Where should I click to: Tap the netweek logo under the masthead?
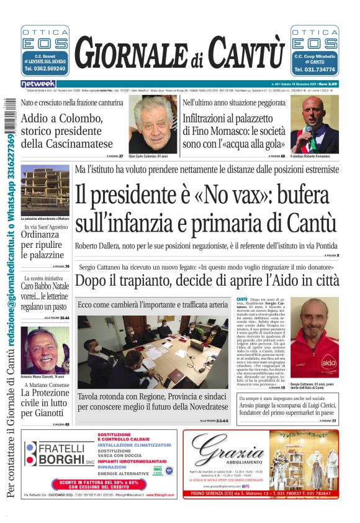tap(38, 83)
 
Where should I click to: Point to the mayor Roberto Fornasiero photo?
tap(315, 124)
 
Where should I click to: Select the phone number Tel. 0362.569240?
tap(45, 69)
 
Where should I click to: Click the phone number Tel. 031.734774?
tap(315, 69)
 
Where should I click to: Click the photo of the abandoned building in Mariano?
tap(45, 189)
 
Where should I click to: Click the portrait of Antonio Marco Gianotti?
tap(45, 350)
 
